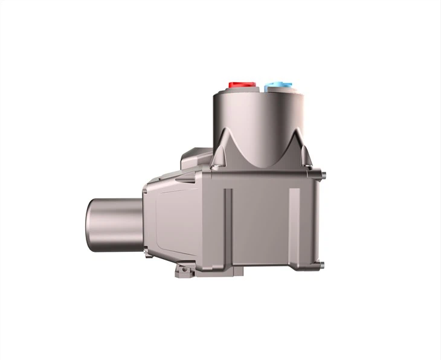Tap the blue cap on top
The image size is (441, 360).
(276, 87)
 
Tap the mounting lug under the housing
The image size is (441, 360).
(185, 274)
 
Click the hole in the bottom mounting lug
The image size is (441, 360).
(180, 275)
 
